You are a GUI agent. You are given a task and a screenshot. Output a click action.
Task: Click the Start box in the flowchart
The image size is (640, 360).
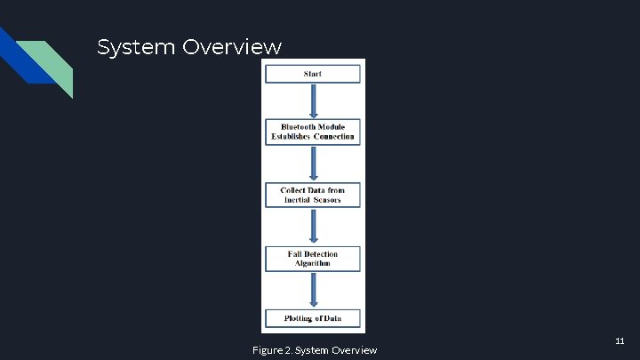[312, 74]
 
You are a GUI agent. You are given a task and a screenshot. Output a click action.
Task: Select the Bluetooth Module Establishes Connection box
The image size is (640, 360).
[312, 132]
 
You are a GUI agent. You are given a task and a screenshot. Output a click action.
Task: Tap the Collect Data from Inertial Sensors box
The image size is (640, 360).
[312, 195]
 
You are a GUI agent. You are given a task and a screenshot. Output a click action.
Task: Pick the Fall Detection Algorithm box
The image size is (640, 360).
[312, 259]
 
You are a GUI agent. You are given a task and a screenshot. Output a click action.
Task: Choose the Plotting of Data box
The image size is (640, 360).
[312, 318]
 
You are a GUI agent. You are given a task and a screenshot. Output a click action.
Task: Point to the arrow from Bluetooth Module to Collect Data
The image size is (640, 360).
[312, 164]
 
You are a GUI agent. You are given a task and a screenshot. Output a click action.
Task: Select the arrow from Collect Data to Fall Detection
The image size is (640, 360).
[312, 227]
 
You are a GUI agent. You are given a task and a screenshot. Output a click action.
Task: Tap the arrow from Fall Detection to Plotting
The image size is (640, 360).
[312, 289]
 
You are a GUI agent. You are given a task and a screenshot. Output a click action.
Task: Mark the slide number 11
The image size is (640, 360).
[620, 340]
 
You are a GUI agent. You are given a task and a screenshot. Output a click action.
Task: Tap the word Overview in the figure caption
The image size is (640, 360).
[354, 350]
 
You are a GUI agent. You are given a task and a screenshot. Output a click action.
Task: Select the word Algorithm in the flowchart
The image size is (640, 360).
[312, 264]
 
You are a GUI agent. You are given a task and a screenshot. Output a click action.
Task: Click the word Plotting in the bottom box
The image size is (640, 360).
[298, 318]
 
